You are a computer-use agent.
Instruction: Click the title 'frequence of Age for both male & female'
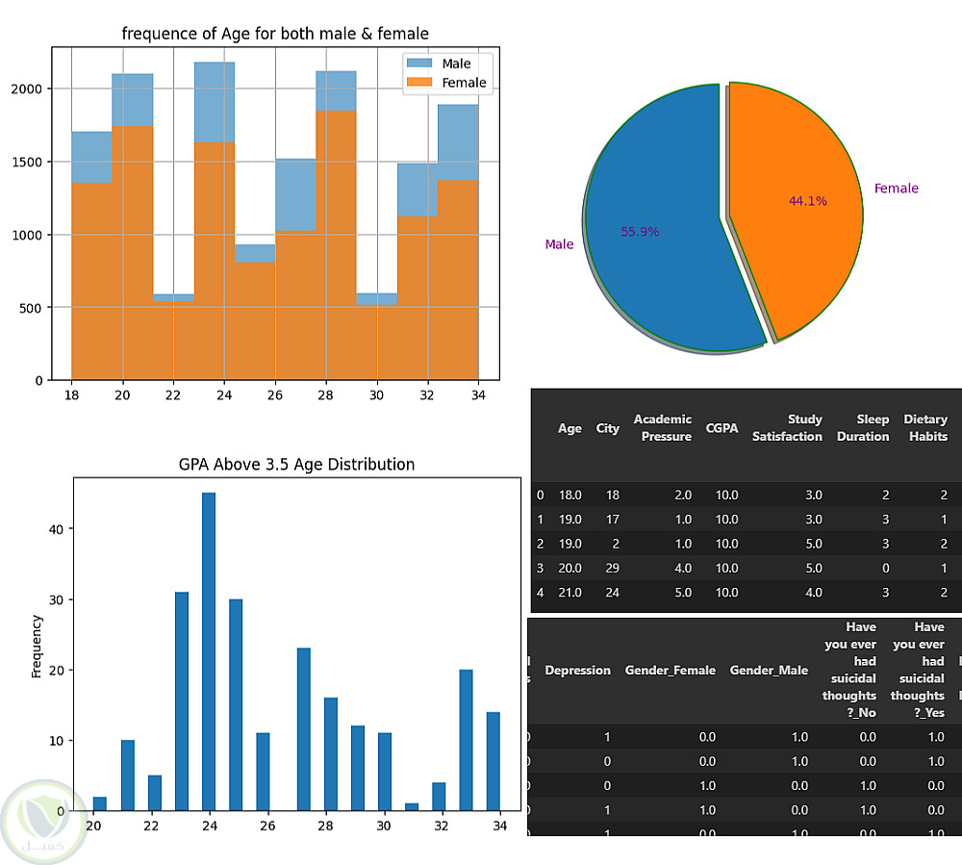(x=275, y=34)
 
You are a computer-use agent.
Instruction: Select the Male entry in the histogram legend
(x=456, y=64)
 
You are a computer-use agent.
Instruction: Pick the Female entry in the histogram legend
(x=464, y=83)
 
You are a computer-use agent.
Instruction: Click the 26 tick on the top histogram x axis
(x=275, y=395)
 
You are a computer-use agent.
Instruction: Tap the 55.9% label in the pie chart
(x=640, y=232)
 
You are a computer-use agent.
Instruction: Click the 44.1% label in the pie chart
(x=807, y=201)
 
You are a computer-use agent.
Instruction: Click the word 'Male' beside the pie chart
(x=559, y=244)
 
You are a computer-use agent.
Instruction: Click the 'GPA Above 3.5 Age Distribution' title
(x=296, y=465)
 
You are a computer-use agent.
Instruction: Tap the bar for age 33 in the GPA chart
(x=467, y=740)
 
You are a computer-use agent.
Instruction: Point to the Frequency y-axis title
(x=38, y=647)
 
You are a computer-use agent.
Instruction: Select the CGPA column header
(x=721, y=428)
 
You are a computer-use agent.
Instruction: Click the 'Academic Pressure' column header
(x=662, y=428)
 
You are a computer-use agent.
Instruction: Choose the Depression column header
(x=577, y=671)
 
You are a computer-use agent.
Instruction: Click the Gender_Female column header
(x=670, y=671)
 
